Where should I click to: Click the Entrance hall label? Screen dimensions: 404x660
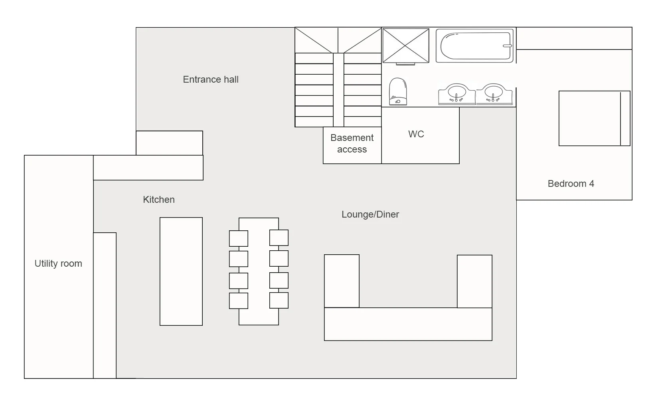211,79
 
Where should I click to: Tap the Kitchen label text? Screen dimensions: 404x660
159,200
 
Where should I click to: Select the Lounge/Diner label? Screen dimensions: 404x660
370,214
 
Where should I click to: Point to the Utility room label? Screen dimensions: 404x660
58,263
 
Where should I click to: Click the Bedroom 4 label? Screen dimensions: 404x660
571,184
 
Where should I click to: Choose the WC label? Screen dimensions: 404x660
416,134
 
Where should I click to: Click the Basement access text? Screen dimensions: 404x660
352,143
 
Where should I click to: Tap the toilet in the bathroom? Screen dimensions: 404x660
398,91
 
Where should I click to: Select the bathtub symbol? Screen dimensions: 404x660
474,46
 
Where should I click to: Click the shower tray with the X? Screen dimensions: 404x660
406,46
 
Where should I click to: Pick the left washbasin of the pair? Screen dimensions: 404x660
457,94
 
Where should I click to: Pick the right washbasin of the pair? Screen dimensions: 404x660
494,94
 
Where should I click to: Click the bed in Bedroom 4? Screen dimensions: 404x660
594,119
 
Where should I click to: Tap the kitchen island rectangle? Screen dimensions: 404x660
181,271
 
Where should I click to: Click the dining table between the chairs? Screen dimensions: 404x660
259,271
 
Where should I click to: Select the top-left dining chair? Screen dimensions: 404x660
239,239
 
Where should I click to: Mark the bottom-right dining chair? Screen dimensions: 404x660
279,301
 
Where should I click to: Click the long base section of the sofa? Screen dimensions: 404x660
408,324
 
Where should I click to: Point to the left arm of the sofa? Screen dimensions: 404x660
342,281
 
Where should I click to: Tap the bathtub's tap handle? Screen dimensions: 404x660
507,46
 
